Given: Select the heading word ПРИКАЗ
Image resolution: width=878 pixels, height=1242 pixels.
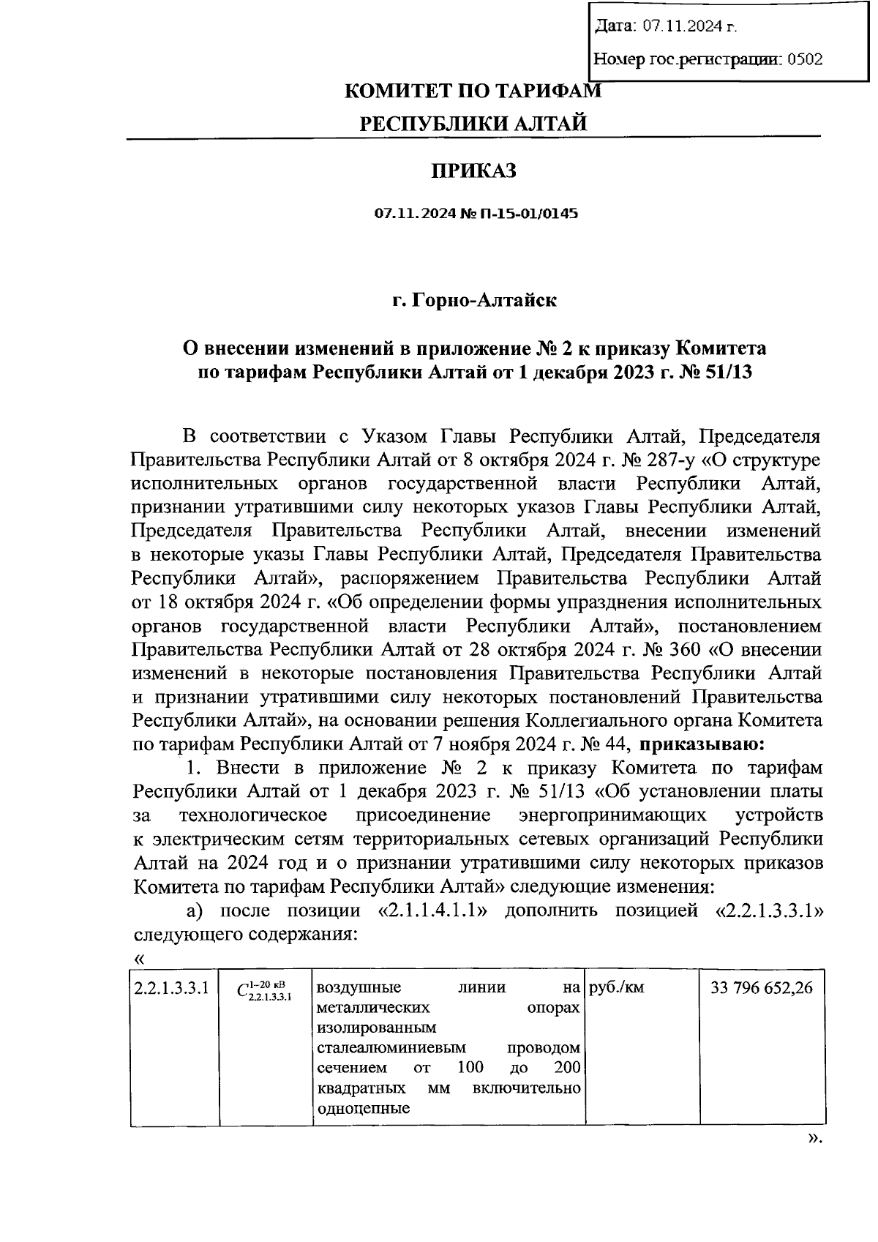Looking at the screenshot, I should click(473, 171).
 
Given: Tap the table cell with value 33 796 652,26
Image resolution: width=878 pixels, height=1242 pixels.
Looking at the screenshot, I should click(762, 988).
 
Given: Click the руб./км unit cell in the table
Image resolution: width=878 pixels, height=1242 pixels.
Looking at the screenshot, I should click(616, 988).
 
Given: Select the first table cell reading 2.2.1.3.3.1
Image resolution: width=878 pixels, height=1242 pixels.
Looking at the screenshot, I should click(172, 988).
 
